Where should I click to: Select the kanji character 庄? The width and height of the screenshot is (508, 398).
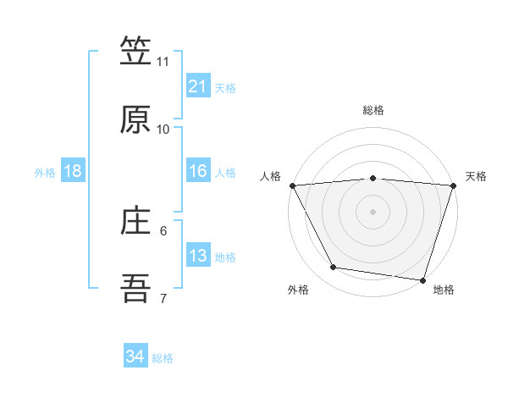pyautogui.click(x=135, y=223)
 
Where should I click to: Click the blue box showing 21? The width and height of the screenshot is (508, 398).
pyautogui.click(x=197, y=86)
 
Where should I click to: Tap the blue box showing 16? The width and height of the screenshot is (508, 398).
pyautogui.click(x=197, y=172)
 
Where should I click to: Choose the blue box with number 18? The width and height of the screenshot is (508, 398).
pyautogui.click(x=73, y=172)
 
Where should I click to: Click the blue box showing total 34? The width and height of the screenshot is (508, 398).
pyautogui.click(x=135, y=357)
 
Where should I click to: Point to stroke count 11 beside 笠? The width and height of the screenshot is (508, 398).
pyautogui.click(x=163, y=62)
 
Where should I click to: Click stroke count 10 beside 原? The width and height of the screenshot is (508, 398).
pyautogui.click(x=163, y=130)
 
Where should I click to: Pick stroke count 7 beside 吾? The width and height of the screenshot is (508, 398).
pyautogui.click(x=163, y=299)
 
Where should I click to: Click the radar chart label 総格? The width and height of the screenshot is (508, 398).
pyautogui.click(x=373, y=110)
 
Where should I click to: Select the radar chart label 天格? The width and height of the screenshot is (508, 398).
pyautogui.click(x=476, y=176)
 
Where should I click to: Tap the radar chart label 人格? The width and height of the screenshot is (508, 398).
pyautogui.click(x=271, y=176)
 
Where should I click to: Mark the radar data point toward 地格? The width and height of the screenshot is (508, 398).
pyautogui.click(x=422, y=279)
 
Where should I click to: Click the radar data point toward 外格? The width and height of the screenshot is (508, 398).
pyautogui.click(x=333, y=268)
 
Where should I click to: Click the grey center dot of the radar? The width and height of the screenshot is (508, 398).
pyautogui.click(x=373, y=212)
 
